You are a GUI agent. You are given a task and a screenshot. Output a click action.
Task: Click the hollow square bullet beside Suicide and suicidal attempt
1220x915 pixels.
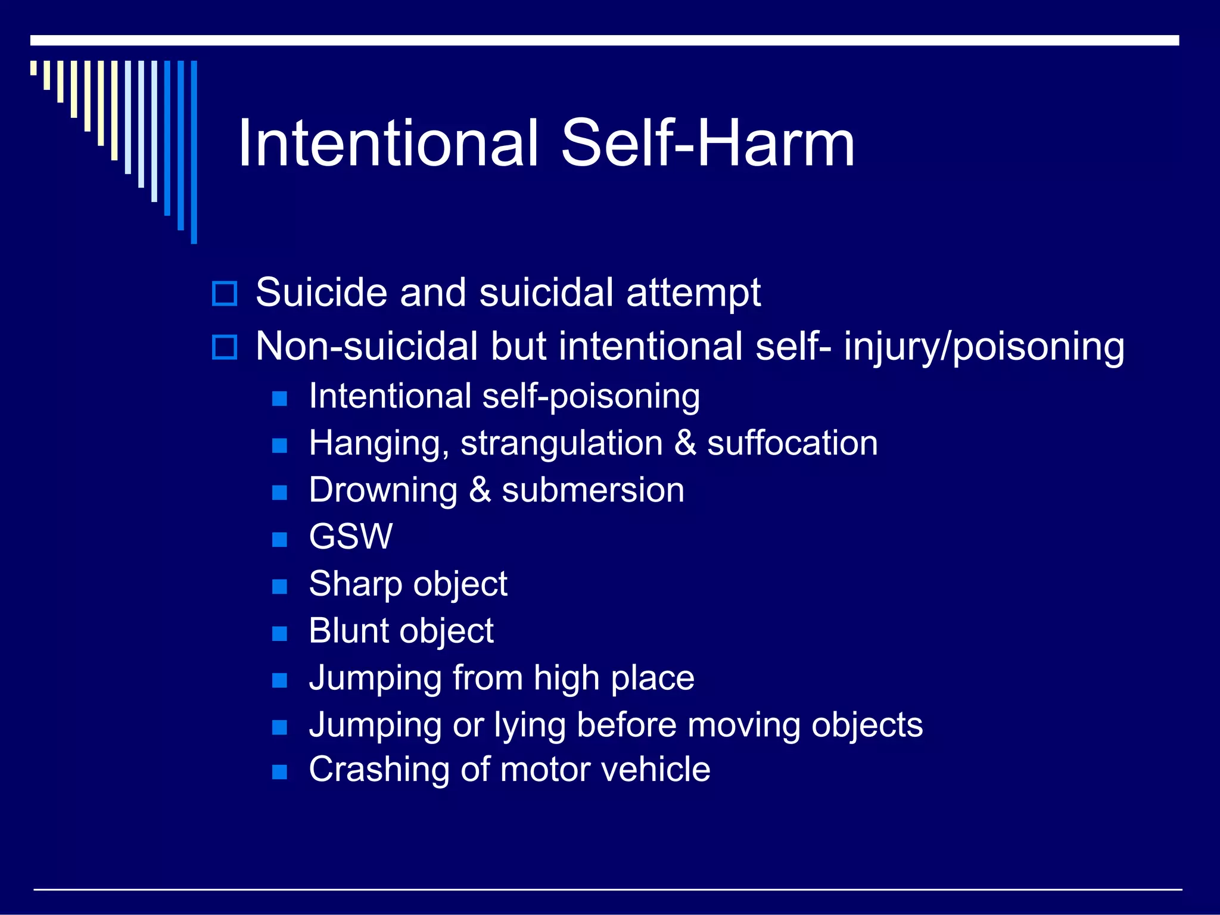pyautogui.click(x=225, y=294)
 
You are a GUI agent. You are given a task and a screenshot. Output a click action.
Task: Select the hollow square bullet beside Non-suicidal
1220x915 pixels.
pyautogui.click(x=225, y=347)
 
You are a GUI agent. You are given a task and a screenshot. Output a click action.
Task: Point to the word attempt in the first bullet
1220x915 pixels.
pyautogui.click(x=693, y=294)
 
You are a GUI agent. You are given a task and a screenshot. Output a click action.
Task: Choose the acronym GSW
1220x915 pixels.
pyautogui.click(x=351, y=537)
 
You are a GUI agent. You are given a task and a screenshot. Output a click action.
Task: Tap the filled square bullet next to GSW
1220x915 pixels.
pyautogui.click(x=279, y=540)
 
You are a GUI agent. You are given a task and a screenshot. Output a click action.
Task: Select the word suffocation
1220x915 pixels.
pyautogui.click(x=792, y=444)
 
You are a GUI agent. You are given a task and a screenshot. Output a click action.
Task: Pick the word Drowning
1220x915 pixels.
pyautogui.click(x=383, y=490)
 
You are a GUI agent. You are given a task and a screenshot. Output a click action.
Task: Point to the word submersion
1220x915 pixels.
pyautogui.click(x=593, y=490)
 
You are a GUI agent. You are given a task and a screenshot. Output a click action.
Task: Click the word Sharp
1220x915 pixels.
pyautogui.click(x=356, y=584)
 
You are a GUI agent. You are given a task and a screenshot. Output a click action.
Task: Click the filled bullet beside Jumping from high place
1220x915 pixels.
pyautogui.click(x=279, y=680)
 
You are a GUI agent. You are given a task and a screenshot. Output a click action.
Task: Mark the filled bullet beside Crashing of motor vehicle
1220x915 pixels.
pyautogui.click(x=279, y=773)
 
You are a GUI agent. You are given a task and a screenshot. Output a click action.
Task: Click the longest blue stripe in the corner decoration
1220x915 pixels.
pyautogui.click(x=194, y=152)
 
